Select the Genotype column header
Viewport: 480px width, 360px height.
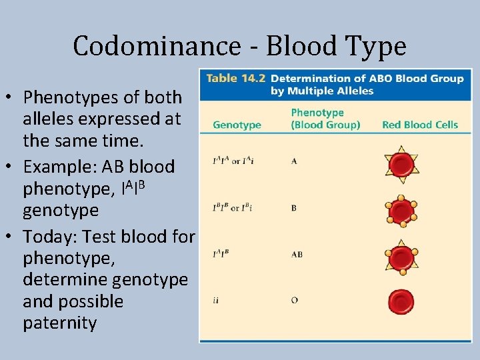(237, 125)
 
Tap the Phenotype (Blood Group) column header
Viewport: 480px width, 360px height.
(325, 119)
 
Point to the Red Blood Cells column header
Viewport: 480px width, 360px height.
(420, 125)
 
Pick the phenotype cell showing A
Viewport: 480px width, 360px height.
(294, 161)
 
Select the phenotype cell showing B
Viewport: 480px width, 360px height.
(294, 208)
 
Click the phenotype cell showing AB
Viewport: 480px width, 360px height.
(297, 254)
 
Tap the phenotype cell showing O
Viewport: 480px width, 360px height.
(294, 300)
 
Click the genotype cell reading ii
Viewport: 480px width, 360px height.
(216, 300)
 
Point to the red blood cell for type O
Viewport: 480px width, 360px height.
(401, 301)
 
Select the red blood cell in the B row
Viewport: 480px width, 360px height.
(401, 211)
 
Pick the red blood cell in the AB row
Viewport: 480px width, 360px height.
(401, 256)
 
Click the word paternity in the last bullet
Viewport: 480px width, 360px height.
(60, 323)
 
